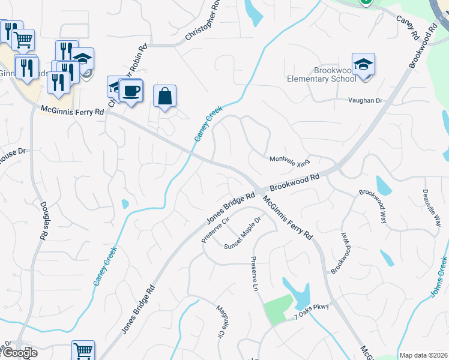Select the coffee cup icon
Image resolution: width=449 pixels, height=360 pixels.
click(x=131, y=91)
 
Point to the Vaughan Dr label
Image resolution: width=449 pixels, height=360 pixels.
click(x=366, y=101)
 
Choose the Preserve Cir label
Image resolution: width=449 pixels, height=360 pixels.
click(x=216, y=230)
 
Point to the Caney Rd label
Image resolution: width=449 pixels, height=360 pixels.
click(x=407, y=27)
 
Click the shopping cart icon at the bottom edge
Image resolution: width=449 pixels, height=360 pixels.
click(x=83, y=351)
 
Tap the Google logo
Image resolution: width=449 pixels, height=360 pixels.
click(x=19, y=353)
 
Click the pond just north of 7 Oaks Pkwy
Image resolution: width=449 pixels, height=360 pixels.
click(x=298, y=293)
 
